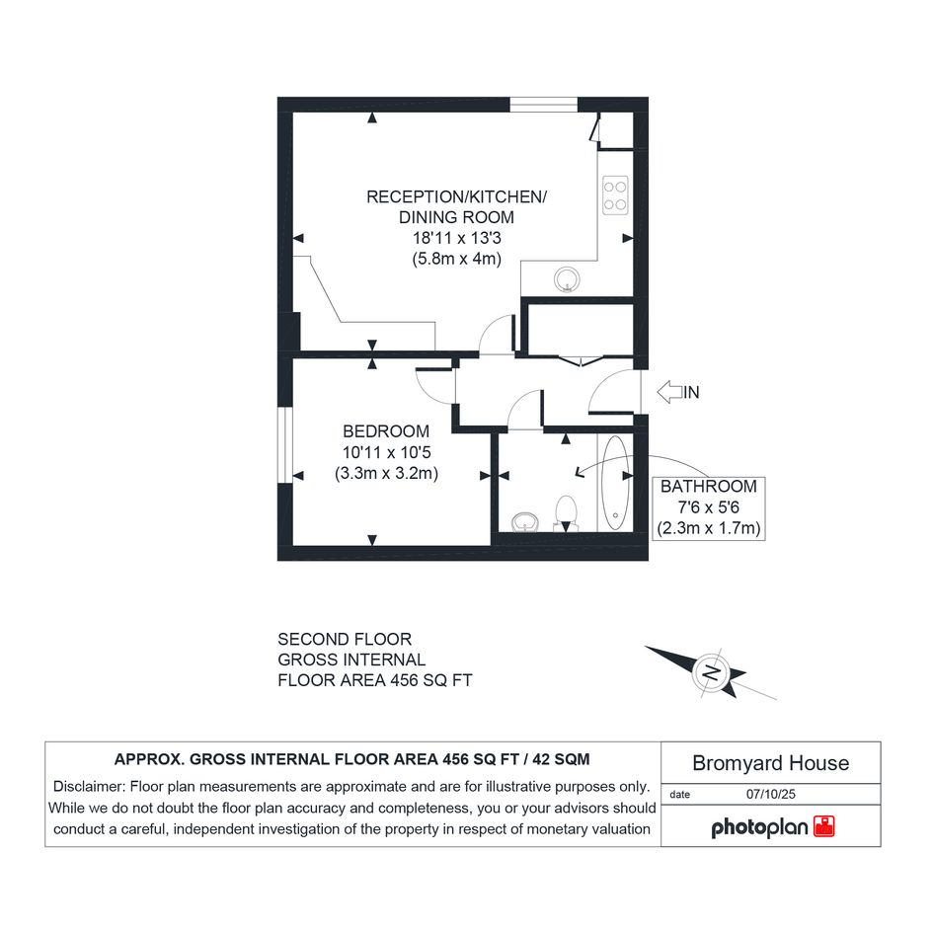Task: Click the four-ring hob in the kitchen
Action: point(615,195)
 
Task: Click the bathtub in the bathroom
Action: point(615,483)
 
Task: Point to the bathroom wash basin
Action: point(525,522)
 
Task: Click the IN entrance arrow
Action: point(670,392)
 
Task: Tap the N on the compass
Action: point(712,672)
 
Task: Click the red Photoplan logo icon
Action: point(824,826)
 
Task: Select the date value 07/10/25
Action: point(770,794)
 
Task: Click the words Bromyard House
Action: point(770,763)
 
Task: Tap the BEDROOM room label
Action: point(386,430)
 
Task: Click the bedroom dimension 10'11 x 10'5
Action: point(386,452)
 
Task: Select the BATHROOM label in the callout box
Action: point(709,486)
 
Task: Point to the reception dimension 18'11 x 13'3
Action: point(457,238)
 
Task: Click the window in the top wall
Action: point(544,104)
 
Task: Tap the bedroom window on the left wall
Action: point(285,445)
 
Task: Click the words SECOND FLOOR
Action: point(345,639)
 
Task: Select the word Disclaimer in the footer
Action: point(89,787)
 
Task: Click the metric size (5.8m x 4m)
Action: point(457,259)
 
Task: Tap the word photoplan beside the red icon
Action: point(760,827)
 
